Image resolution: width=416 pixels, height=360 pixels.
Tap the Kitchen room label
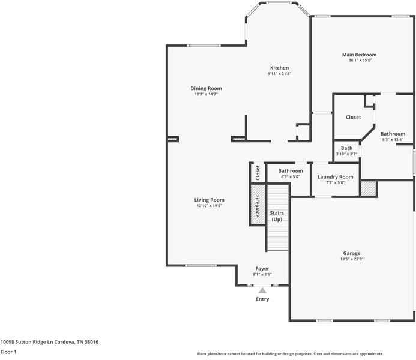[279, 68]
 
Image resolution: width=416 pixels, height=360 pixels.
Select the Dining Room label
[206, 88]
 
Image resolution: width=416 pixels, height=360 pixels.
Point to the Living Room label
[209, 200]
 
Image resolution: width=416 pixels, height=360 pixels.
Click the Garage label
[352, 253]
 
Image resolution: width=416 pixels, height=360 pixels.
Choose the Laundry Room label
[335, 177]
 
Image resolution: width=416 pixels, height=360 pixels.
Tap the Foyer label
[262, 268]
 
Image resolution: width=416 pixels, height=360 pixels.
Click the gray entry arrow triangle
[262, 290]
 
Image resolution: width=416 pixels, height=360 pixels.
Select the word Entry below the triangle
[262, 299]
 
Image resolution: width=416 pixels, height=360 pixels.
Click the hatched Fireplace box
[257, 205]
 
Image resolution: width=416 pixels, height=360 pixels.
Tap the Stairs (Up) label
[277, 216]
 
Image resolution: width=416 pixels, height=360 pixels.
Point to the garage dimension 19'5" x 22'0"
[352, 259]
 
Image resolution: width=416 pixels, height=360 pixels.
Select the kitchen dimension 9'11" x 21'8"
[279, 74]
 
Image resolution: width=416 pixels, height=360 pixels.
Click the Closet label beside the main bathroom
[353, 118]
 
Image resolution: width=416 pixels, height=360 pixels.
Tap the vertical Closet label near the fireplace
[258, 173]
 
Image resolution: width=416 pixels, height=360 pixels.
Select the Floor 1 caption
[8, 352]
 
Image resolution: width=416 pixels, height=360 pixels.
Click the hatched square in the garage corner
[368, 188]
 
